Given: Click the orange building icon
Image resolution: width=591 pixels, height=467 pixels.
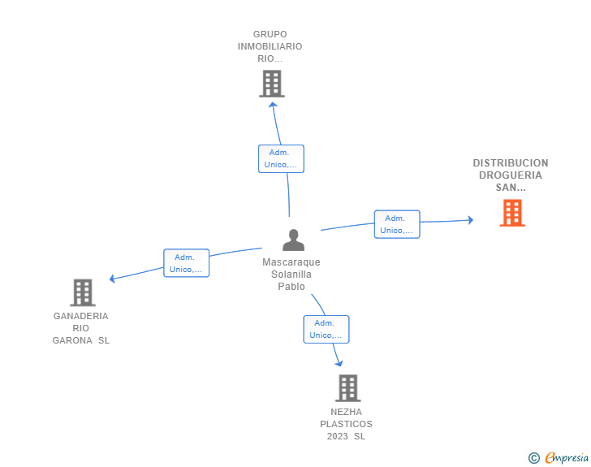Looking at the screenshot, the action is pyautogui.click(x=512, y=213).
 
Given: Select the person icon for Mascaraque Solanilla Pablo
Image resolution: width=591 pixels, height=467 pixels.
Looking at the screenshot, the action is pyautogui.click(x=293, y=240).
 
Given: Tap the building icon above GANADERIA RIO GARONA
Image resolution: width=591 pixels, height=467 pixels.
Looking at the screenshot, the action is pyautogui.click(x=83, y=292).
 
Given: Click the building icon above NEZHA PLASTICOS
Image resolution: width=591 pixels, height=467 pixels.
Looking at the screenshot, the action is pyautogui.click(x=348, y=387).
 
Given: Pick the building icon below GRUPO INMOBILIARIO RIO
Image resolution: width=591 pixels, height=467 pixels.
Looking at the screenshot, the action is pyautogui.click(x=272, y=84).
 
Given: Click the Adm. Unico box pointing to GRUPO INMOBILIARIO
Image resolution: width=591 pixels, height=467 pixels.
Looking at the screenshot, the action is pyautogui.click(x=281, y=159).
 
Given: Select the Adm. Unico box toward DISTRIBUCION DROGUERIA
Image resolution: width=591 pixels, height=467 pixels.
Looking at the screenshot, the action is pyautogui.click(x=397, y=224).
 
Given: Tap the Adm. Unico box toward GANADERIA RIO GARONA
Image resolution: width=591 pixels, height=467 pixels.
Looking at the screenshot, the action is pyautogui.click(x=186, y=263).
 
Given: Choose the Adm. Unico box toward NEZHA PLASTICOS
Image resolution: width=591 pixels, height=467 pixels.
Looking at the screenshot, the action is pyautogui.click(x=326, y=329).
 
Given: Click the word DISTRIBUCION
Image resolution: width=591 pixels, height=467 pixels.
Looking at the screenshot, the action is pyautogui.click(x=511, y=163).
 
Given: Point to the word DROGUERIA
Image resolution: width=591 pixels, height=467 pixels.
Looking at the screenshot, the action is pyautogui.click(x=511, y=175).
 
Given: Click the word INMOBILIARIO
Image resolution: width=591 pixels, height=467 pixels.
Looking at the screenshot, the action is pyautogui.click(x=270, y=46).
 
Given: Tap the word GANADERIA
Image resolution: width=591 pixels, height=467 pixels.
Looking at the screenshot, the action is pyautogui.click(x=80, y=316).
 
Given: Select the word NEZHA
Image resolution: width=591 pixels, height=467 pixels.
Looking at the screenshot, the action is pyautogui.click(x=346, y=412).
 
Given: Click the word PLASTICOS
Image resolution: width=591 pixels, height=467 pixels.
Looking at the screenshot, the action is pyautogui.click(x=346, y=424).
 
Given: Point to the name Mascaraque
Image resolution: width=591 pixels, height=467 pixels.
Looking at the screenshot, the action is pyautogui.click(x=291, y=262).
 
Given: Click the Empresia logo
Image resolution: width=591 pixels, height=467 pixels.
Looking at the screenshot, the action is pyautogui.click(x=566, y=457).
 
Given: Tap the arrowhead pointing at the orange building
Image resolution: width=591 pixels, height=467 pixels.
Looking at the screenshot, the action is pyautogui.click(x=471, y=220).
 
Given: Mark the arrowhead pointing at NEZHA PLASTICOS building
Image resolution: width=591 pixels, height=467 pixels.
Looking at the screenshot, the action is pyautogui.click(x=339, y=363).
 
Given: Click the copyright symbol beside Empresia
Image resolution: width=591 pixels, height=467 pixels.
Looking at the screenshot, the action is pyautogui.click(x=534, y=458).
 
